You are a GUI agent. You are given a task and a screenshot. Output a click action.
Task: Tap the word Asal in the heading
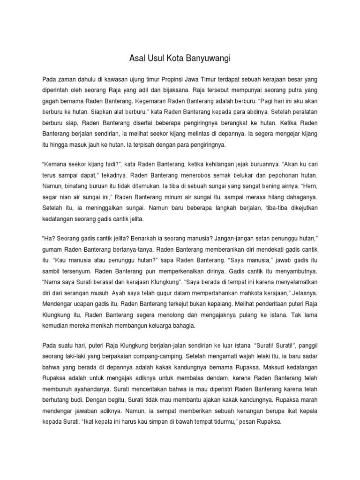point(136,59)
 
